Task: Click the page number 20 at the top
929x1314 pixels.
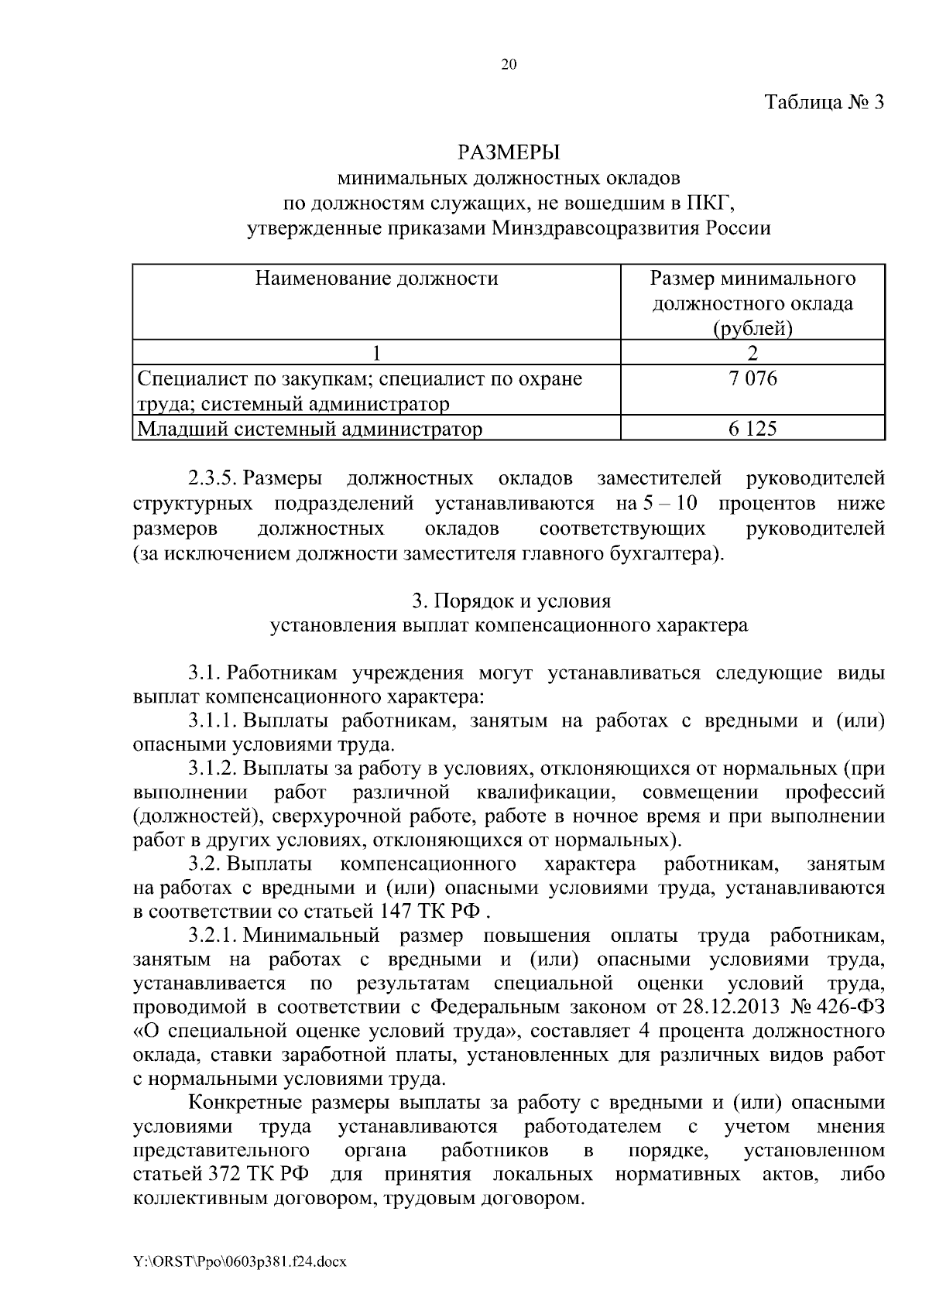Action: (509, 65)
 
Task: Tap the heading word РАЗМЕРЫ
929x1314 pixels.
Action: (509, 152)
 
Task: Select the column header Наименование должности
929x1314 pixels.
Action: (377, 278)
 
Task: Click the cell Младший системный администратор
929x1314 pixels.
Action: (310, 429)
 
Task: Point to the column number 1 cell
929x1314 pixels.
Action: (377, 353)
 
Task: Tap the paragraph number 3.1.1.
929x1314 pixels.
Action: (211, 720)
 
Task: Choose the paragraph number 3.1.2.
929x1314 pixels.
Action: (211, 768)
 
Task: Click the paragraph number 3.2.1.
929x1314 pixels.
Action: (211, 936)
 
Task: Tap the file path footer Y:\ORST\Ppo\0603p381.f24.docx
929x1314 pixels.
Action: (240, 1262)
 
